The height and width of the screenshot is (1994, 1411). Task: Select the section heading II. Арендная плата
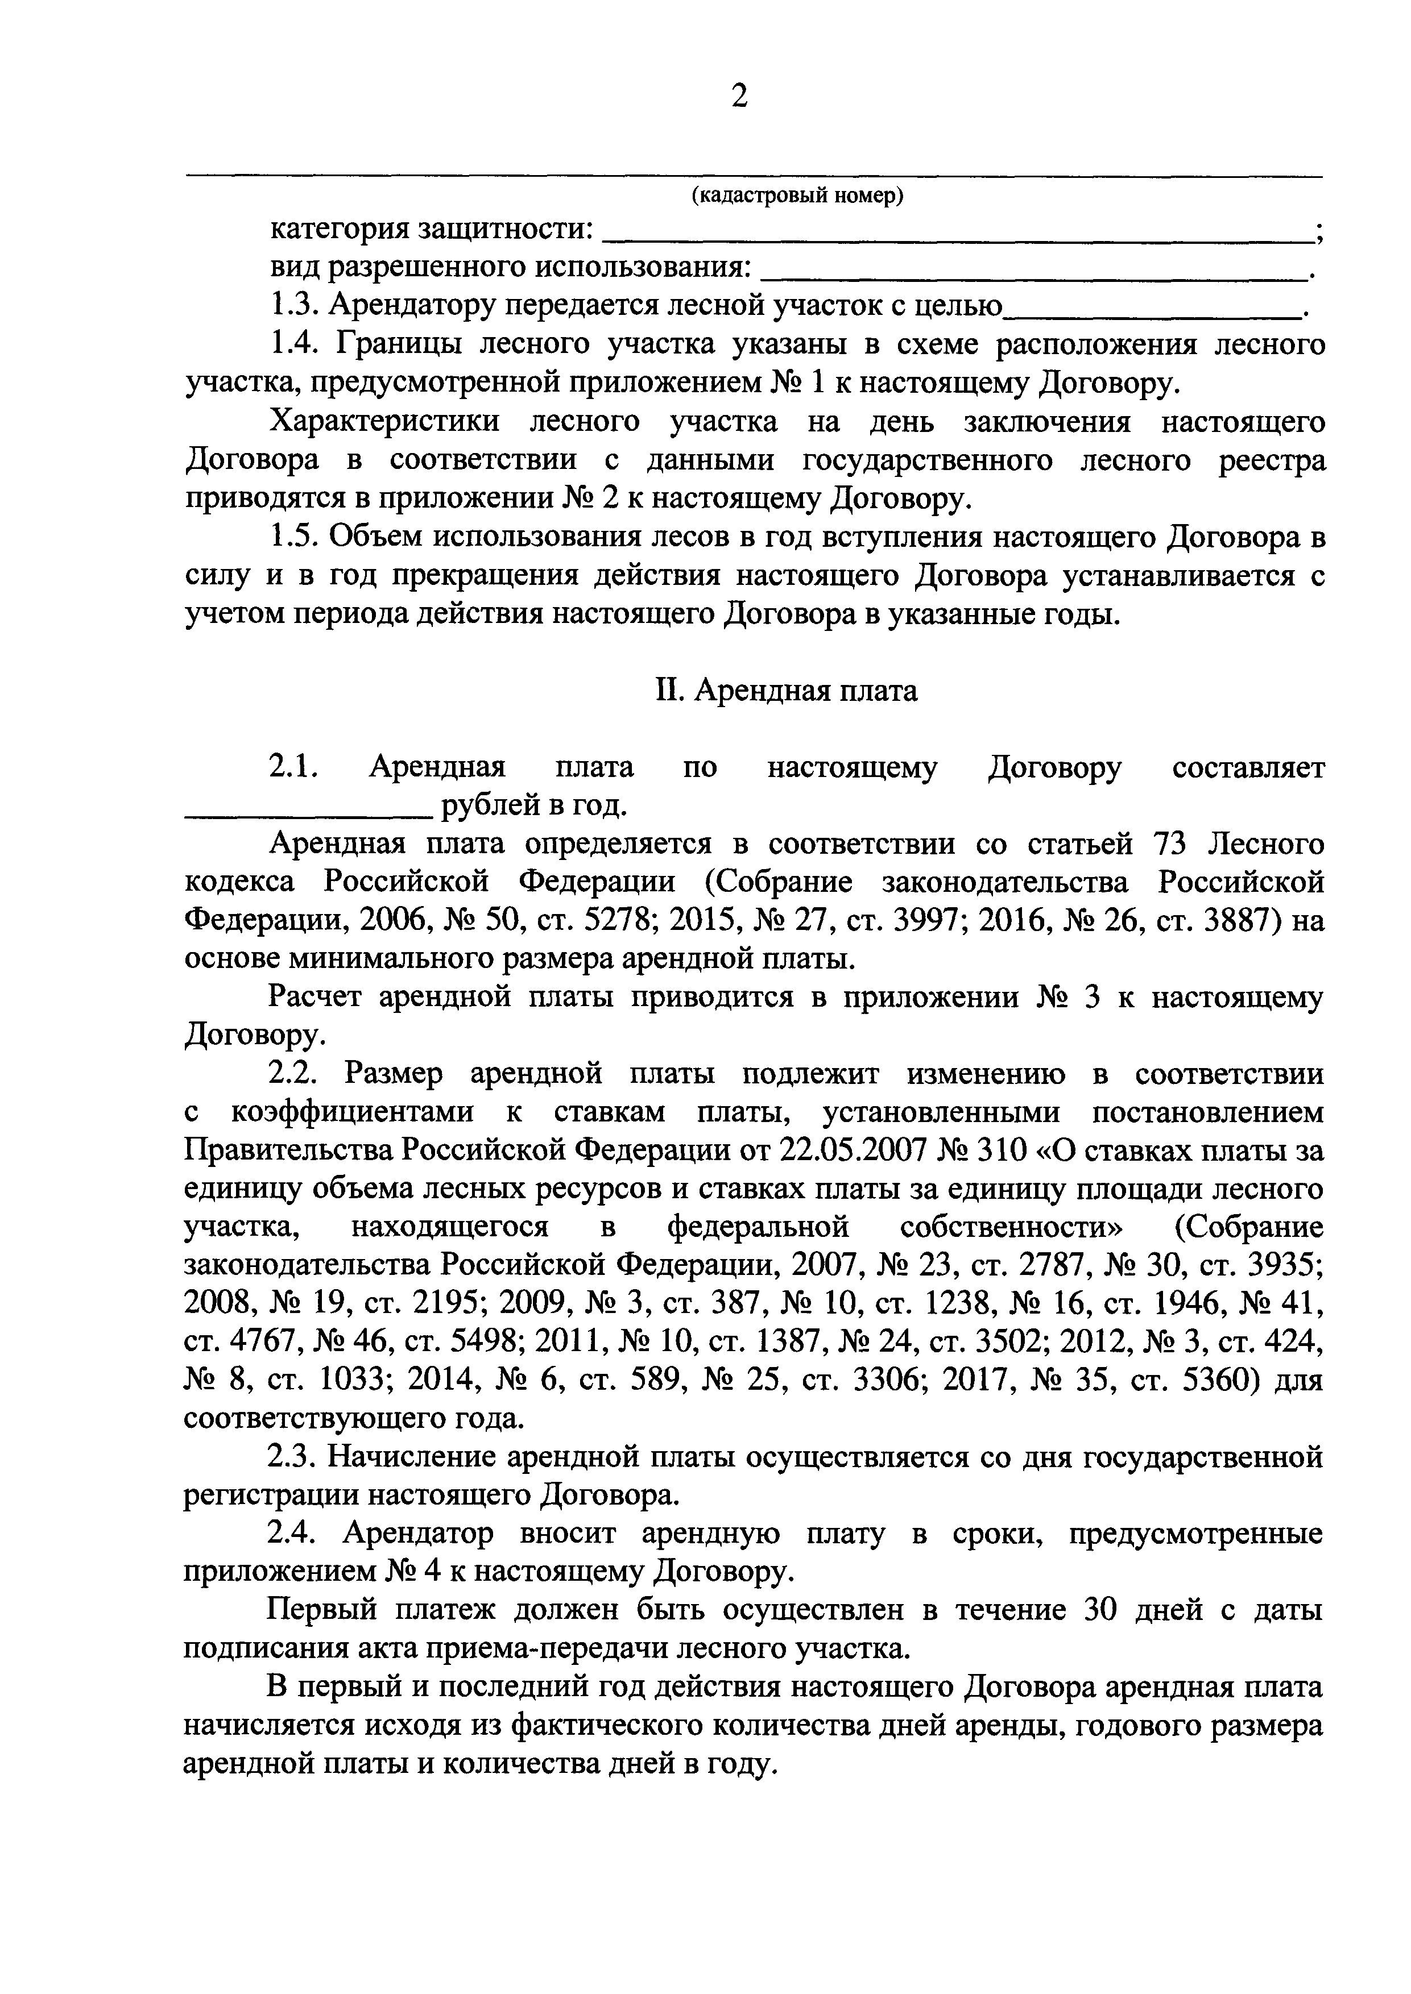coord(785,691)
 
